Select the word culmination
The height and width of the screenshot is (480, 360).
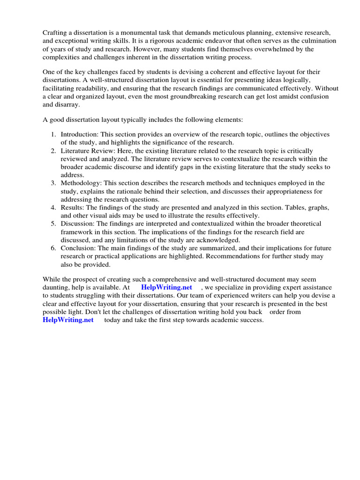[313, 41]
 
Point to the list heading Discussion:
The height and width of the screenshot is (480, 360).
[76, 224]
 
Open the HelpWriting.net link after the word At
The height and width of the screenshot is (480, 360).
[166, 287]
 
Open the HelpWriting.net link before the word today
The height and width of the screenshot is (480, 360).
[68, 320]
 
